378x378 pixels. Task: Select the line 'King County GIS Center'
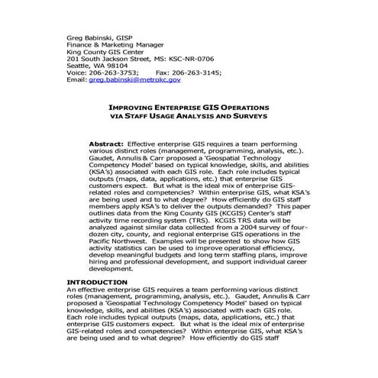click(x=106, y=50)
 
